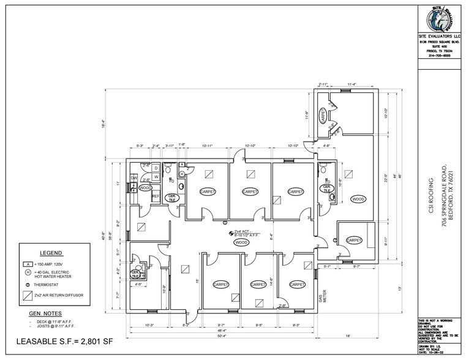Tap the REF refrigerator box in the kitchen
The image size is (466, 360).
[x=156, y=197]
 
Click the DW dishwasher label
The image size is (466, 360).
[x=135, y=178]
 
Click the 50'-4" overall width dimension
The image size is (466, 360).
[x=221, y=336]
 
